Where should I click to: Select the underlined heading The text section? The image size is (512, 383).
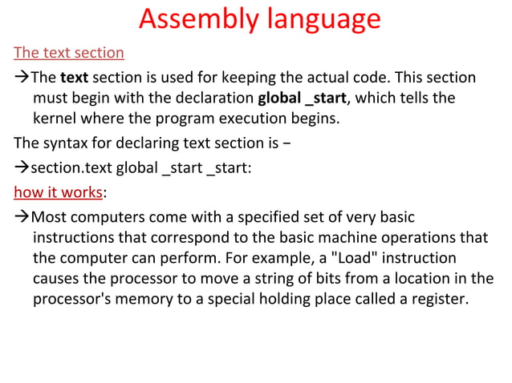point(69,54)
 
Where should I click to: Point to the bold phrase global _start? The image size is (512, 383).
point(302,98)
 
